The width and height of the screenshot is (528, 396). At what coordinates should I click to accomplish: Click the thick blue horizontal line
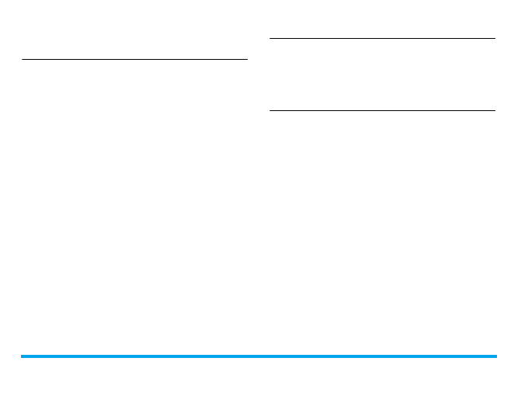coord(259,356)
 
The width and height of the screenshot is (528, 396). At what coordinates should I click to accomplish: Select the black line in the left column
coord(134,58)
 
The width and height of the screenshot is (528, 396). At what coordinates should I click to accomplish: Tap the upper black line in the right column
coord(382,38)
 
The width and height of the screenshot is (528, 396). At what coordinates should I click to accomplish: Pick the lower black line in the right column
coord(382,110)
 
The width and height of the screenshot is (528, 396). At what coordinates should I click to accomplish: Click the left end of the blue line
coord(22,356)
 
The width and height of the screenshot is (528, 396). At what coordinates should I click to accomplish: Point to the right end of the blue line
coord(495,356)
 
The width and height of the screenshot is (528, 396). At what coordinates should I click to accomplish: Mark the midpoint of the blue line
coord(259,356)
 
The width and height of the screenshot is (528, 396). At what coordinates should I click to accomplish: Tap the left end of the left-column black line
coord(23,58)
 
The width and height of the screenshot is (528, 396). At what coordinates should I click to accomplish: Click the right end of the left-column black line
coord(247,58)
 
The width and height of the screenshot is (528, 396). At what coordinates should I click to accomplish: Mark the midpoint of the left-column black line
coord(134,58)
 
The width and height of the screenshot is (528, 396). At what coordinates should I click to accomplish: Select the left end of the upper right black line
coord(269,38)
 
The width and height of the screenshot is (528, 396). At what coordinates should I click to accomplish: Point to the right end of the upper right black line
coord(495,38)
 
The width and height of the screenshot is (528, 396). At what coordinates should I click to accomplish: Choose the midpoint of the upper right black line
coord(382,38)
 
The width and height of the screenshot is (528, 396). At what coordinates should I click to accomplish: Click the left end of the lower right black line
coord(269,110)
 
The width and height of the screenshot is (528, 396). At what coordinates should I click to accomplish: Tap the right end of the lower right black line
coord(495,110)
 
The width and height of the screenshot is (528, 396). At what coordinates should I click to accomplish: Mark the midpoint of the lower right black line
coord(382,110)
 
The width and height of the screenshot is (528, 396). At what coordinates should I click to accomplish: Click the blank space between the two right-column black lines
coord(382,75)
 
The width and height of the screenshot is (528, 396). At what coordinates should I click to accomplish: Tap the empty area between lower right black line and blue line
coord(382,233)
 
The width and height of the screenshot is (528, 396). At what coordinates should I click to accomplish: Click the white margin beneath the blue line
coord(259,377)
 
